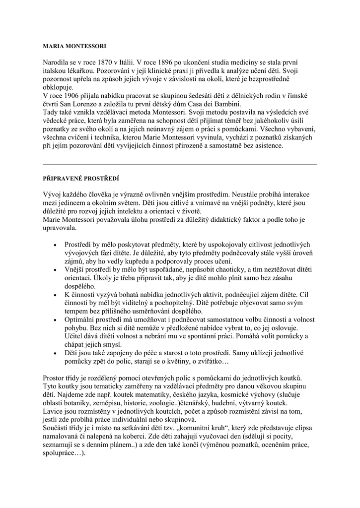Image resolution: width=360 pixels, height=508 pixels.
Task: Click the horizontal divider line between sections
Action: click(180, 164)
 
